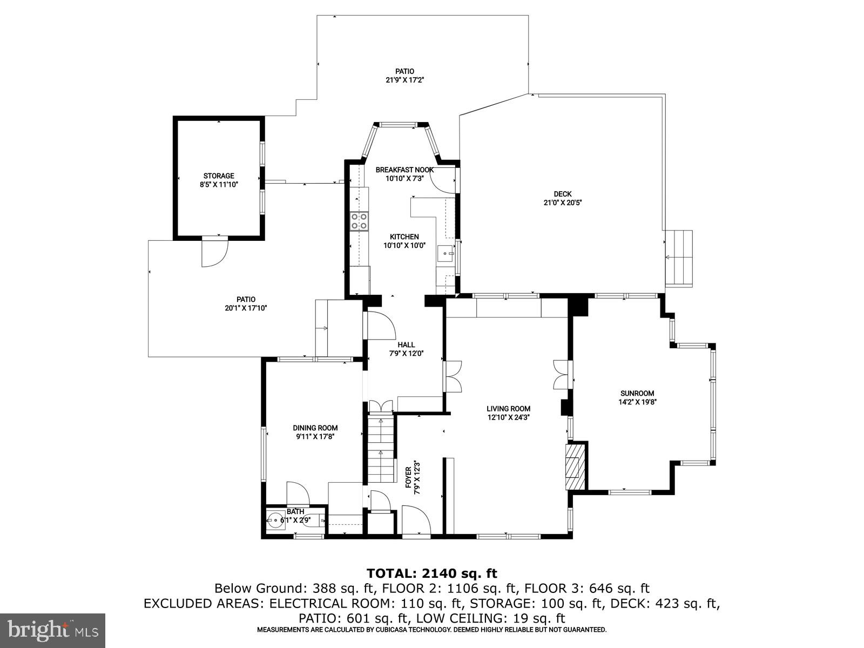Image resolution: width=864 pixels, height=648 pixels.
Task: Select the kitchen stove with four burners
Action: [359, 221]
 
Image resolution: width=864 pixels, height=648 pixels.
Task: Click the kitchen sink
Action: [446, 252]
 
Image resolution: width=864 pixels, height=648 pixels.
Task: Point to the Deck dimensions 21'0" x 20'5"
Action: [562, 203]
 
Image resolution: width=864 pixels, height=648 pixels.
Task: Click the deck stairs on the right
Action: [679, 258]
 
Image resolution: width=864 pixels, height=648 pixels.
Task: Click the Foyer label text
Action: [413, 477]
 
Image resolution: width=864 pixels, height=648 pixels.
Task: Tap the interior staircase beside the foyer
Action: [381, 448]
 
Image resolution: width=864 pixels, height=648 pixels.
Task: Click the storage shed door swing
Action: [214, 253]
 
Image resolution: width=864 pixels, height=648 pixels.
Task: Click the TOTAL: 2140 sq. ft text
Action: [431, 573]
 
